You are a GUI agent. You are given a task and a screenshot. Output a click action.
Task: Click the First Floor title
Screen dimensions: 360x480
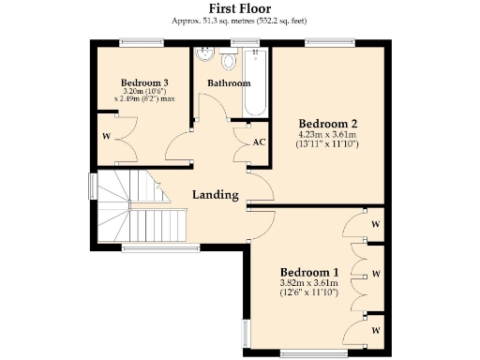coord(239,7)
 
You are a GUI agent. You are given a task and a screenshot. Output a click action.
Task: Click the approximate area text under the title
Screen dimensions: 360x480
coord(239,20)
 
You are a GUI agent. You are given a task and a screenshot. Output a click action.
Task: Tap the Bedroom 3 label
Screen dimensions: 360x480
coord(145,83)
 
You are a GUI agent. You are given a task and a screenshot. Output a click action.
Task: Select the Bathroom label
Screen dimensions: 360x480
coord(229,83)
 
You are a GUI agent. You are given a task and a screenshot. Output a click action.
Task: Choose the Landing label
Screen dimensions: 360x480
coord(216,195)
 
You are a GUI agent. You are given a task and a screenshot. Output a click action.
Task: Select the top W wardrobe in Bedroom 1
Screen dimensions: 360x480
coord(375,224)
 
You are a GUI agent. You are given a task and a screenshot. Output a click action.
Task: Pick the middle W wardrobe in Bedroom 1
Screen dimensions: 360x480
coord(375,275)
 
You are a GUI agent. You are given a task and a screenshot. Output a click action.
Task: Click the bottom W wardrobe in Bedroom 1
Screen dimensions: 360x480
coord(375,331)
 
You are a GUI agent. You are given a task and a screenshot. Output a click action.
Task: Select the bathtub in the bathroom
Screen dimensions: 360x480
coord(257,80)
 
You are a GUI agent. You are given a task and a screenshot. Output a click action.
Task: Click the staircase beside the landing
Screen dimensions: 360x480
coord(131,208)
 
